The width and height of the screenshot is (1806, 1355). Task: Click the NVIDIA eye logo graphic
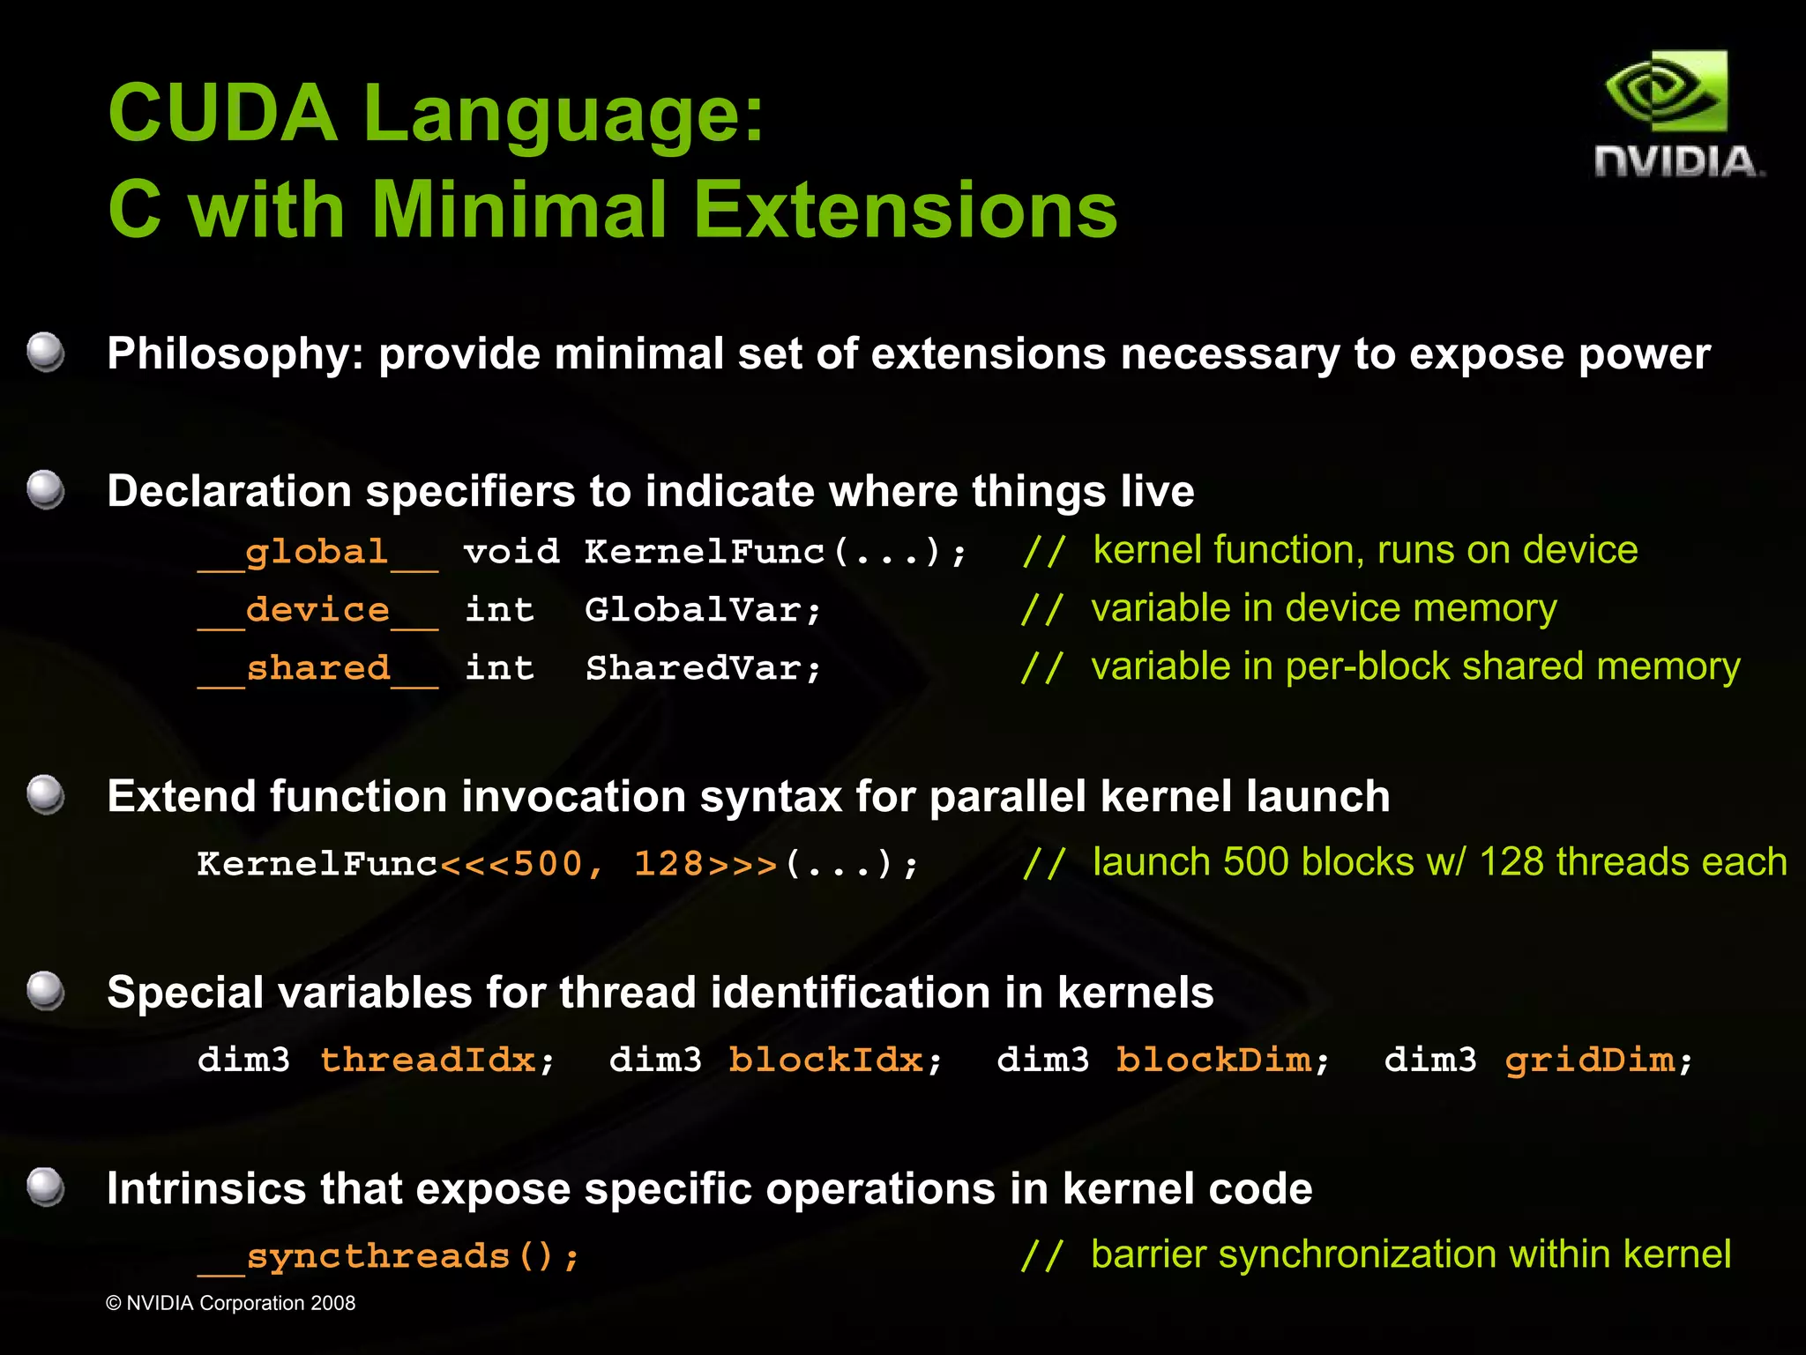pyautogui.click(x=1666, y=92)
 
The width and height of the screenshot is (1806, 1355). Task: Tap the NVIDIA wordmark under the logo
pyautogui.click(x=1678, y=163)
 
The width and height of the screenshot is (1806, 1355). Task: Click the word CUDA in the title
pyautogui.click(x=222, y=113)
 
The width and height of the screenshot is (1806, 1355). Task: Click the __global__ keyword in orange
pyautogui.click(x=317, y=553)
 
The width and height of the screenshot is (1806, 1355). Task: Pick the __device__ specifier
pyautogui.click(x=317, y=610)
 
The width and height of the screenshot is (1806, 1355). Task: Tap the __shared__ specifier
pyautogui.click(x=317, y=668)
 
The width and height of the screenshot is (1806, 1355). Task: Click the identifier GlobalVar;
pyautogui.click(x=703, y=610)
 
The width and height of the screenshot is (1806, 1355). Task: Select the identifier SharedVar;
pyautogui.click(x=703, y=668)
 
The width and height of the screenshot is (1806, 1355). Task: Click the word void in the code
pyautogui.click(x=511, y=553)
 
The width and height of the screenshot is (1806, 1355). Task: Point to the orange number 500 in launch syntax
pyautogui.click(x=548, y=864)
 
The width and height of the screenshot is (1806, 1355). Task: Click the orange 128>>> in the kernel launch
pyautogui.click(x=705, y=864)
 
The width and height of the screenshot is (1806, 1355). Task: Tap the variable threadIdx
pyautogui.click(x=429, y=1060)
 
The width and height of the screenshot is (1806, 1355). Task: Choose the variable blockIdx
pyautogui.click(x=826, y=1060)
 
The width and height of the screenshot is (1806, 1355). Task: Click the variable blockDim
pyautogui.click(x=1213, y=1060)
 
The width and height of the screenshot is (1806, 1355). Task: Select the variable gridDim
pyautogui.click(x=1589, y=1060)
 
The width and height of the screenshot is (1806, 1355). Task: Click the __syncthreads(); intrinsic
pyautogui.click(x=388, y=1256)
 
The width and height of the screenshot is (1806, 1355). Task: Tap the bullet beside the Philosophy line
pyautogui.click(x=45, y=354)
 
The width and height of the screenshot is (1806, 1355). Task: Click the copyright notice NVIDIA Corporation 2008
pyautogui.click(x=231, y=1303)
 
